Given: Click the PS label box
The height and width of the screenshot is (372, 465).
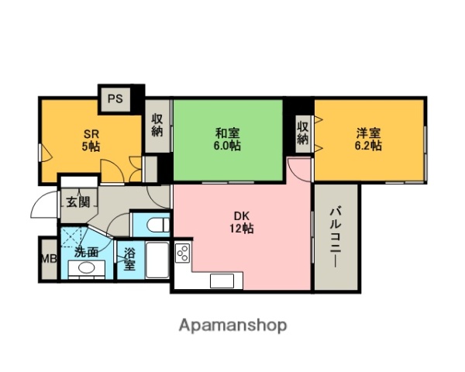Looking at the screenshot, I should [x=115, y=98].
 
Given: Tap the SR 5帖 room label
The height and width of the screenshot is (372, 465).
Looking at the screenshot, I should [x=91, y=139].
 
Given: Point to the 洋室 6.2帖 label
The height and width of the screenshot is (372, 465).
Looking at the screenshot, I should [x=367, y=139].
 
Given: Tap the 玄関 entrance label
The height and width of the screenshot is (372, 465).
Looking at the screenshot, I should [x=77, y=203].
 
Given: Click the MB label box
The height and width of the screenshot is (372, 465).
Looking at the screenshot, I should [x=48, y=259].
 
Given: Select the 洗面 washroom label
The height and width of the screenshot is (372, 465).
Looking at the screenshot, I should [x=86, y=252].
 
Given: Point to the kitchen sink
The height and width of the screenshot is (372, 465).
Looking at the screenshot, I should [x=222, y=281].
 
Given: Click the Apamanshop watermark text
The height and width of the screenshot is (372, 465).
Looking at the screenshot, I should [x=232, y=325].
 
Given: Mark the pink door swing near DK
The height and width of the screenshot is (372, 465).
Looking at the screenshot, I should [x=298, y=170].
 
